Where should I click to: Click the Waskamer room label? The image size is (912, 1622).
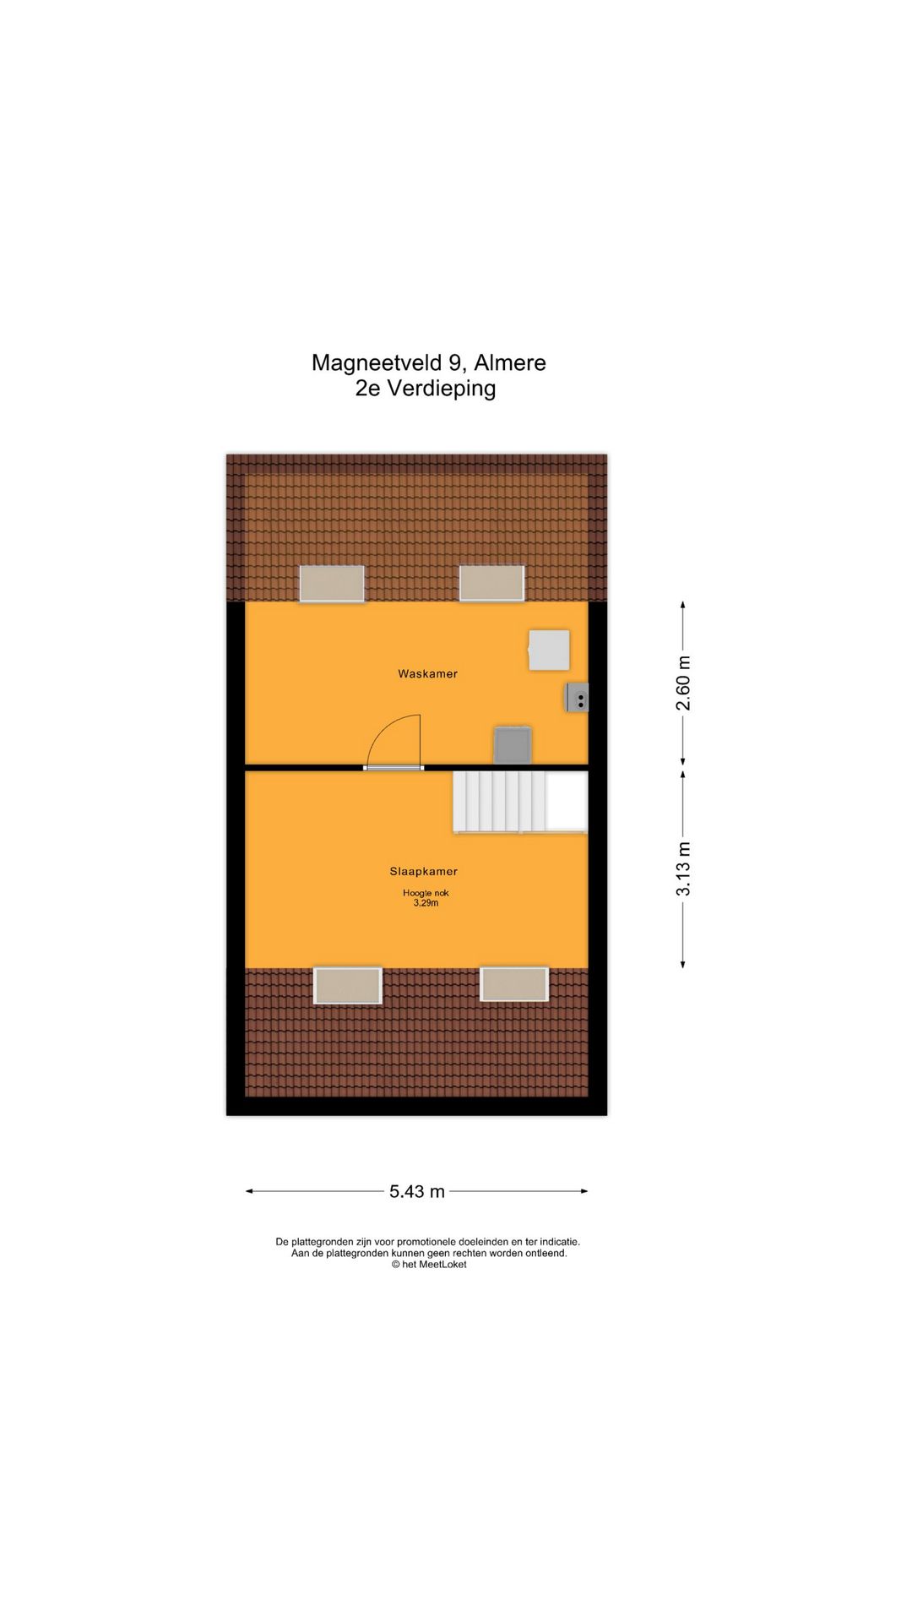(x=427, y=673)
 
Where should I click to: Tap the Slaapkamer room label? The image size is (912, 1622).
(x=423, y=871)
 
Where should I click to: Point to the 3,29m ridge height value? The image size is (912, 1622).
(x=426, y=903)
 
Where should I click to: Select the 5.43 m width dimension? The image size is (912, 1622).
(x=416, y=1191)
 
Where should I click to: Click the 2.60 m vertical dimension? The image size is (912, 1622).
(x=683, y=683)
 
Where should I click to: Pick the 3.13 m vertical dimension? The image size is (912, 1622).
(x=683, y=868)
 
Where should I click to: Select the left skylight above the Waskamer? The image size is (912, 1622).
(x=332, y=584)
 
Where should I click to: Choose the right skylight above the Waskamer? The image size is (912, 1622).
(x=491, y=584)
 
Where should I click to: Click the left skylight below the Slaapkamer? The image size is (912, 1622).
(x=347, y=985)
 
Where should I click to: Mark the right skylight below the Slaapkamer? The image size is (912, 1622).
(x=513, y=984)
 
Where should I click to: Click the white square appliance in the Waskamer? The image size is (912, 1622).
(x=549, y=650)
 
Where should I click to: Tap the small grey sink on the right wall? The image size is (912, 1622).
(x=578, y=698)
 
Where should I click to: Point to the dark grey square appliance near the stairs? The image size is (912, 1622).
(x=513, y=745)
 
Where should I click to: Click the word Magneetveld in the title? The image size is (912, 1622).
(x=377, y=362)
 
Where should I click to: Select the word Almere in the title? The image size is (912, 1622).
(x=510, y=362)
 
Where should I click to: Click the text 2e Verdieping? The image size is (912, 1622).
(x=426, y=389)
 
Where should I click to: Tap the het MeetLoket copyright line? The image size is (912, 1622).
(x=428, y=1265)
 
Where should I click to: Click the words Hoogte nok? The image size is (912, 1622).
(x=426, y=893)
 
